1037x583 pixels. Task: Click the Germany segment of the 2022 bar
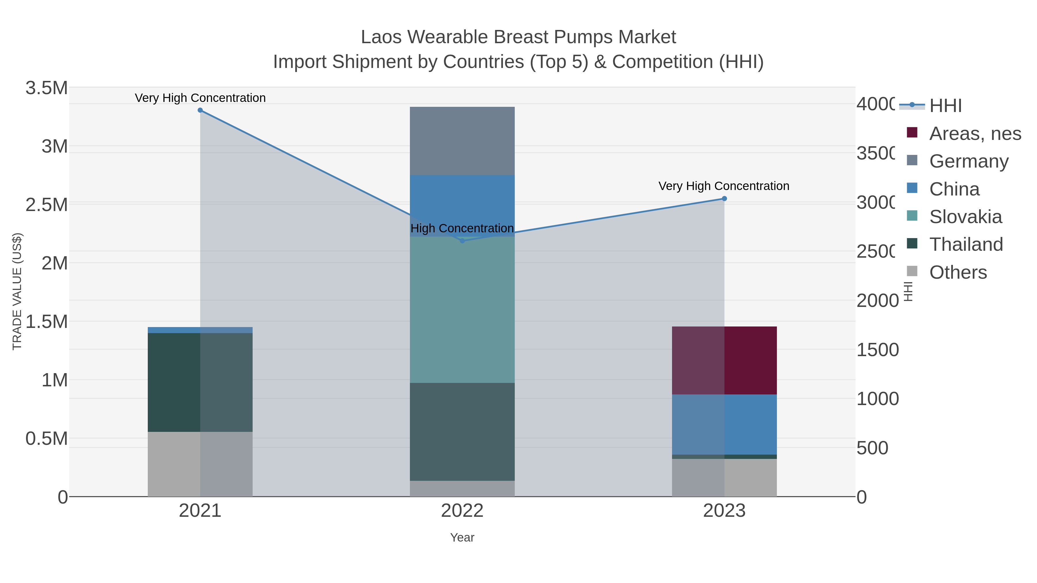click(x=462, y=141)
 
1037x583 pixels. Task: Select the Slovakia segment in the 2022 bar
click(x=462, y=310)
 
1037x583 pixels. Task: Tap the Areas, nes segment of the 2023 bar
click(x=724, y=360)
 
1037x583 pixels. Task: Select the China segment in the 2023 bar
click(x=724, y=424)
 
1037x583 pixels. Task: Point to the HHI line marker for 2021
click(x=200, y=110)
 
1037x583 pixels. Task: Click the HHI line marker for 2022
click(x=462, y=241)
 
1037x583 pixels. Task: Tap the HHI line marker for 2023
click(x=724, y=198)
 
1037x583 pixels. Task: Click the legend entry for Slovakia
click(x=965, y=217)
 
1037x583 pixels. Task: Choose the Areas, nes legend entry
click(x=975, y=134)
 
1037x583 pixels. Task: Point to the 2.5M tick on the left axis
click(x=46, y=205)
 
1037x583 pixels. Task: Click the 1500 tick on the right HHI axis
click(x=877, y=350)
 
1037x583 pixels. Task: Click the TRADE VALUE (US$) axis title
click(x=17, y=291)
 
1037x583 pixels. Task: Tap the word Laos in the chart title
click(x=381, y=37)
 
